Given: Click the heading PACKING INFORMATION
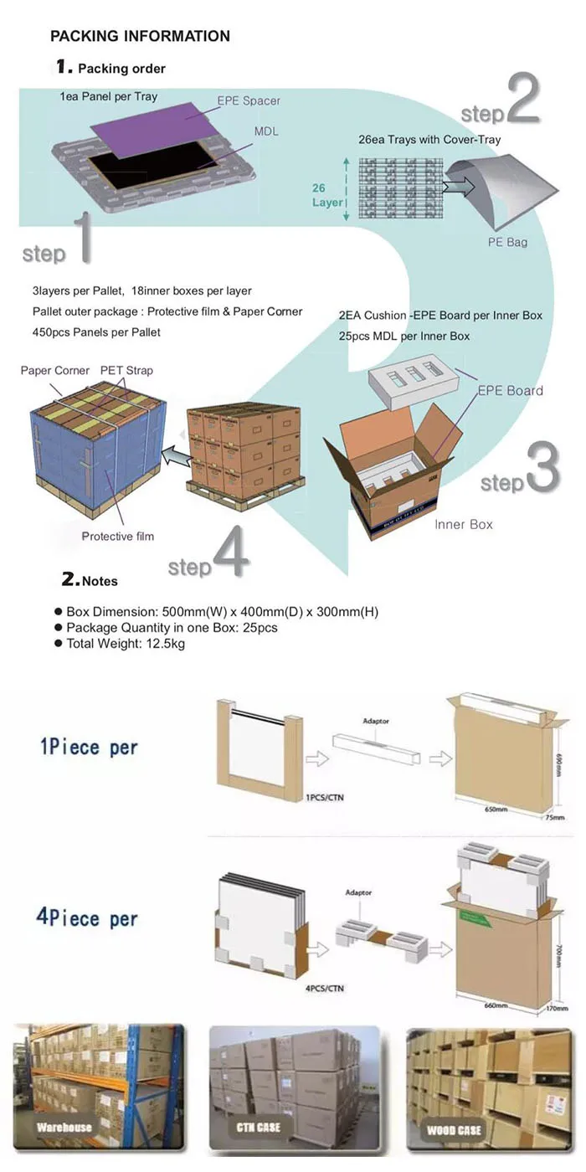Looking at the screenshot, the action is [140, 36].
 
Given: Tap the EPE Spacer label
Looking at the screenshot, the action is [249, 100].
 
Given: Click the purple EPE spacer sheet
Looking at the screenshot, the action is [160, 125].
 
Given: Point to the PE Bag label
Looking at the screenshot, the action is [507, 242].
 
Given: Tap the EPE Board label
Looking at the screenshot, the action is [510, 390].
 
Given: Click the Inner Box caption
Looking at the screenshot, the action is [464, 524].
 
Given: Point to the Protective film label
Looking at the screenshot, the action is [118, 536].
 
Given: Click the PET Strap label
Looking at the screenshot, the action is [126, 370].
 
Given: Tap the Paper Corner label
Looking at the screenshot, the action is [55, 370].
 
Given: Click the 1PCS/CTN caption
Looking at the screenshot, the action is [325, 798].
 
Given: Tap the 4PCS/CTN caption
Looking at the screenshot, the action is [325, 989].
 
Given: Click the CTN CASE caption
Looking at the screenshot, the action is [258, 1128].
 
